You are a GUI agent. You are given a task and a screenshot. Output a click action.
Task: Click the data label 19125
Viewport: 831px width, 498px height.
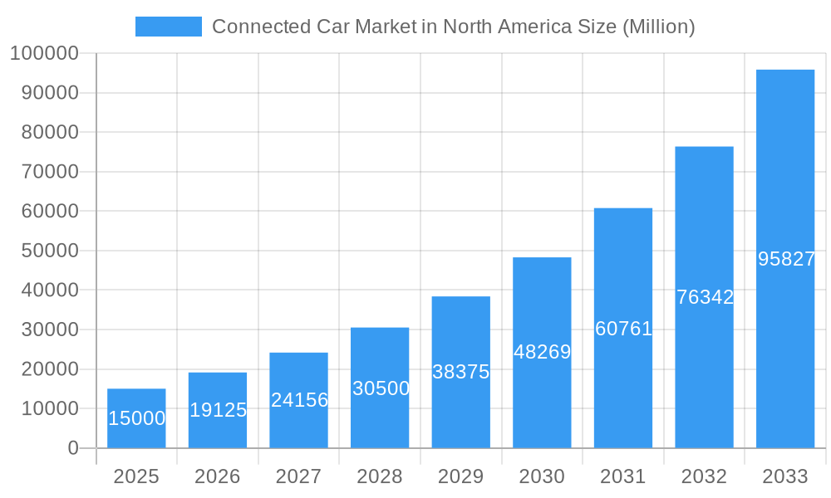[x=218, y=410]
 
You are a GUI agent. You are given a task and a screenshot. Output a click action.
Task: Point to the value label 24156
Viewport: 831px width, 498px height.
[x=299, y=400]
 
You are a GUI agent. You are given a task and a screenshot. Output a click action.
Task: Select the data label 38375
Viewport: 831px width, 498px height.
[x=461, y=372]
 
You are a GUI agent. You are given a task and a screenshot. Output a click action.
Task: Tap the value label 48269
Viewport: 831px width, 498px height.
[x=542, y=352]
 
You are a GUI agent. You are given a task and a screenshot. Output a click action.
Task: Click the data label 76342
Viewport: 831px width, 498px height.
[x=705, y=297]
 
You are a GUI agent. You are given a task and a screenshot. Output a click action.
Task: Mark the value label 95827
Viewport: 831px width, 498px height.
[x=786, y=259]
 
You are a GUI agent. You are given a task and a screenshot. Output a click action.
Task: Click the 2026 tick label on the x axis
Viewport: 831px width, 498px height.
[x=218, y=476]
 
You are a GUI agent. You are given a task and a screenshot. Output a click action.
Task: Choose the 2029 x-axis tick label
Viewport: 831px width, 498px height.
[x=461, y=476]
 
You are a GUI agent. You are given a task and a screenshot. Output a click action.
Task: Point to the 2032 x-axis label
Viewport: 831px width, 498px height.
[x=704, y=476]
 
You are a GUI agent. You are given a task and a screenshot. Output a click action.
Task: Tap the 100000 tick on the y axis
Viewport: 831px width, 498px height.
[x=44, y=54]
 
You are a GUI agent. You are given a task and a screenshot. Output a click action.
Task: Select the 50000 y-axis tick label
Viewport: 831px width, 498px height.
[x=49, y=251]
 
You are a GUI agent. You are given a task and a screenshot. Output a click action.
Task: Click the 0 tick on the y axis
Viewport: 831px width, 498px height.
[x=72, y=448]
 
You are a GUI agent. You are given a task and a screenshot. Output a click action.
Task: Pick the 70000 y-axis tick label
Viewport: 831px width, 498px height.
[x=49, y=172]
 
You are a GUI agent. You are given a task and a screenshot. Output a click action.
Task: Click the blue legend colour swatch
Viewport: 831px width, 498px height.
[x=169, y=27]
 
